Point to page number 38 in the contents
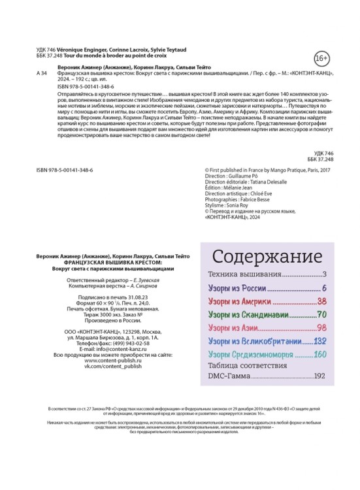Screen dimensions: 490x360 pyautogui.click(x=321, y=302)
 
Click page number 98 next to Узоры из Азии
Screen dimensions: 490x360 pyautogui.click(x=321, y=328)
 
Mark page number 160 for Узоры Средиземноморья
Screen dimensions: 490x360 pyautogui.click(x=319, y=355)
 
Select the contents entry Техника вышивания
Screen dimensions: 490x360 pyautogui.click(x=245, y=274)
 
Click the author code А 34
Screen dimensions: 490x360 pyautogui.click(x=42, y=74)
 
